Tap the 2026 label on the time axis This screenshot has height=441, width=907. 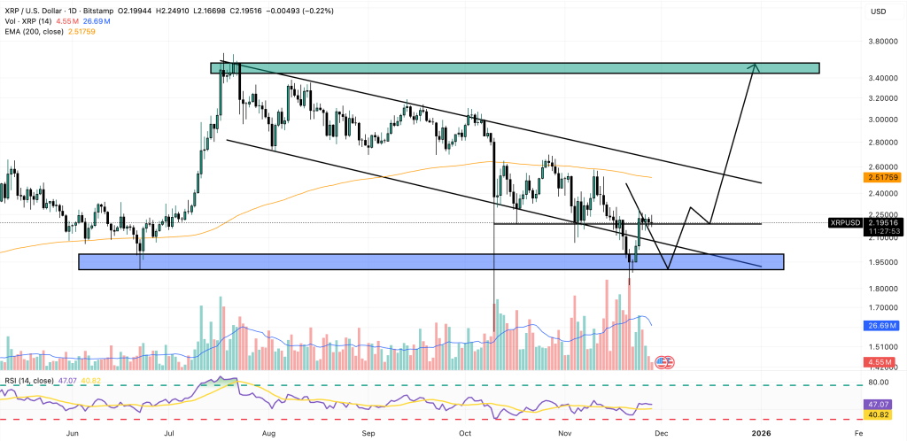coord(763,433)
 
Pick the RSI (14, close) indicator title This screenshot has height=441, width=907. coord(29,381)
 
